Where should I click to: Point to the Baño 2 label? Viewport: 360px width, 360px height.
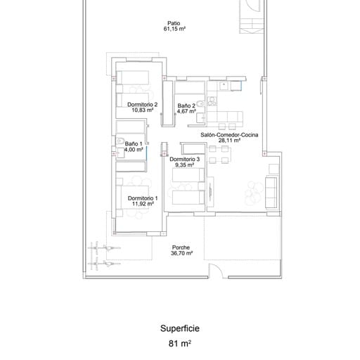point(186,105)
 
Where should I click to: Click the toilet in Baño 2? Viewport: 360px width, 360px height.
point(200,105)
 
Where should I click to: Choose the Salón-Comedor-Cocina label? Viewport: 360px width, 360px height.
point(229,134)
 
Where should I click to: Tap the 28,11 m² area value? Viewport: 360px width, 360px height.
point(229,141)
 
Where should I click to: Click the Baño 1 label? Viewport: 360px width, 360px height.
point(134,143)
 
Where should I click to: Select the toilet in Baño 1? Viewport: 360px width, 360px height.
point(121,141)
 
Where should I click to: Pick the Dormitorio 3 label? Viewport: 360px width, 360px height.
point(185,160)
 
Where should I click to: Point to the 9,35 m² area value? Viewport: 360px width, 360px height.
point(185,166)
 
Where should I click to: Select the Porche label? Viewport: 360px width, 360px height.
point(181,247)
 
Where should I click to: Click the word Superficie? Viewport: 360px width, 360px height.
point(180,328)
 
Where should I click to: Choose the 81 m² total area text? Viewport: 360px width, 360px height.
point(180,344)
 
